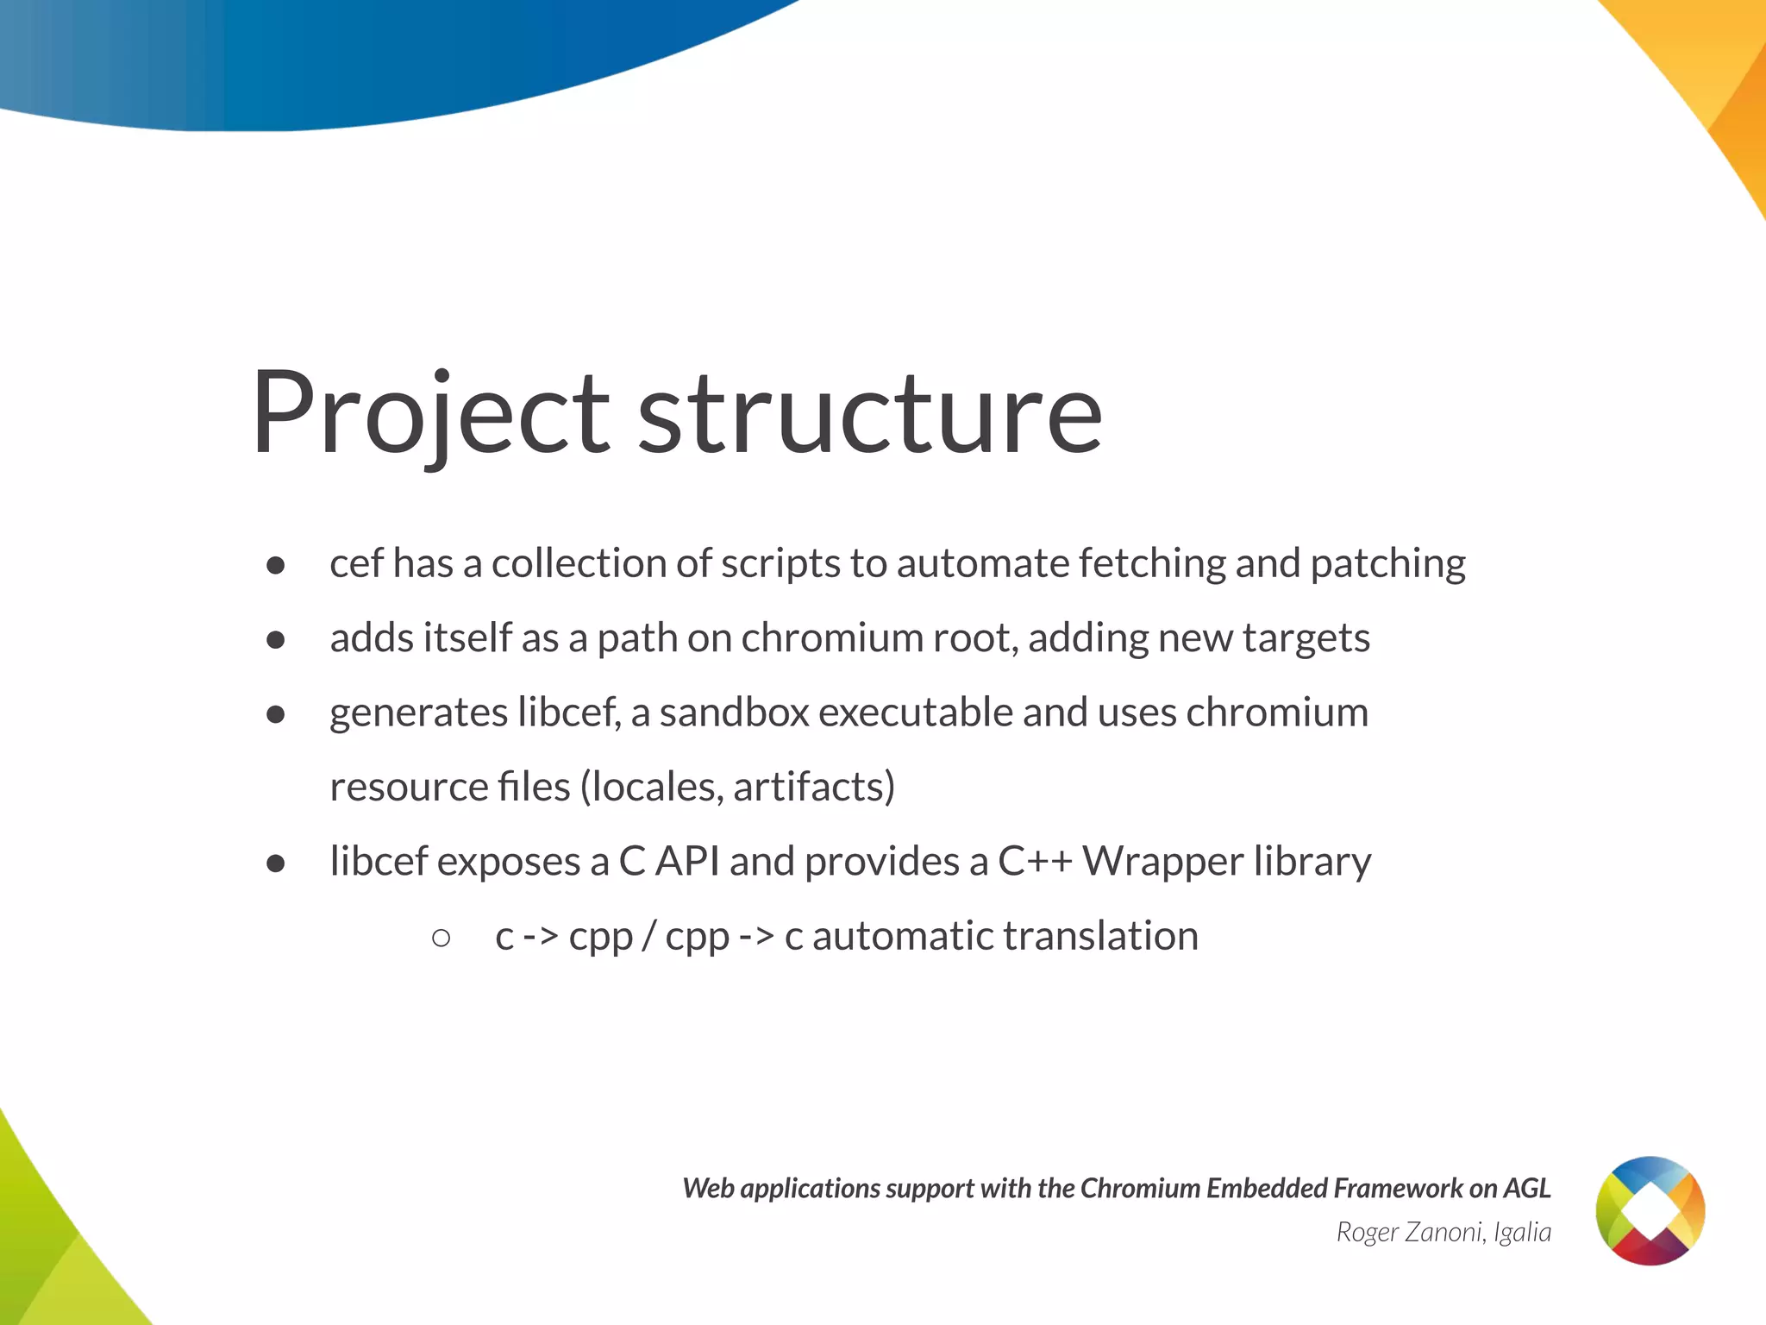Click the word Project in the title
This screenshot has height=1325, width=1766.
pos(431,414)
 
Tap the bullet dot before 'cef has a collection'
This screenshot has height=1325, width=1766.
pos(276,566)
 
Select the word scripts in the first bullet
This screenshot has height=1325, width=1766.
pos(780,564)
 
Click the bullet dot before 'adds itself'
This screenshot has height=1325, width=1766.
pos(276,640)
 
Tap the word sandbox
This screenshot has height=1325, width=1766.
pos(734,713)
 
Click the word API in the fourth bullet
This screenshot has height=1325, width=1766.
pos(687,862)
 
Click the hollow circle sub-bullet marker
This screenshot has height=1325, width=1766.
pos(441,938)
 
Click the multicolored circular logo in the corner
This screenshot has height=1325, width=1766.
pos(1650,1210)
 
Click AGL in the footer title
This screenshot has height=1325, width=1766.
pos(1526,1189)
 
